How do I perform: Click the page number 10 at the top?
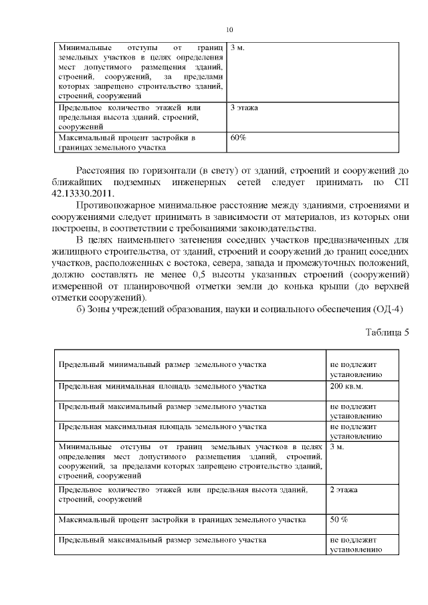(x=229, y=30)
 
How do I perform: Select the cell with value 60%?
(x=238, y=138)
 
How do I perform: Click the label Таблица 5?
(x=387, y=332)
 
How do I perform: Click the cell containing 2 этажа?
(x=344, y=490)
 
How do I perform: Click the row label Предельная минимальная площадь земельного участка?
(x=162, y=386)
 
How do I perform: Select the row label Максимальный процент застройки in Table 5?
(x=182, y=519)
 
